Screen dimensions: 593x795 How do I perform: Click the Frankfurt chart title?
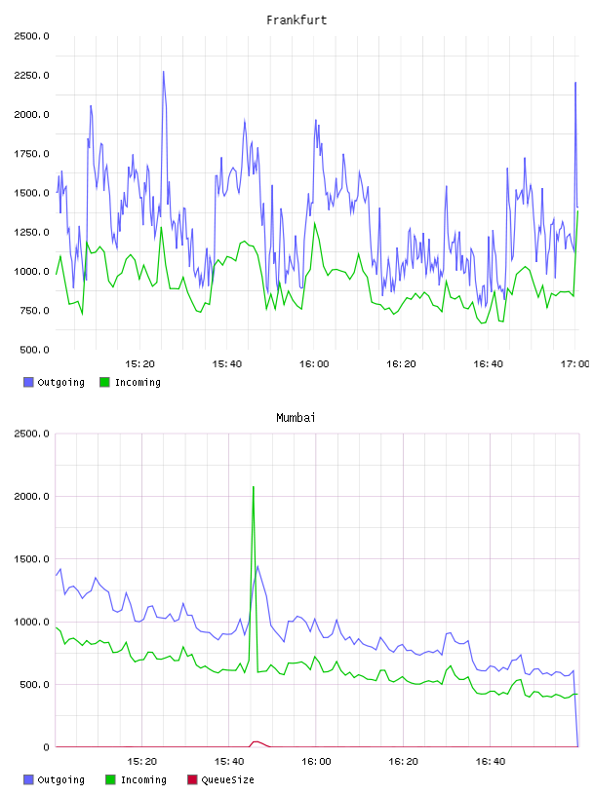point(296,20)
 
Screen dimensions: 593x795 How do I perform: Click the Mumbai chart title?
point(296,418)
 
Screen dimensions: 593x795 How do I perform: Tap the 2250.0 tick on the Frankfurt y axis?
point(31,76)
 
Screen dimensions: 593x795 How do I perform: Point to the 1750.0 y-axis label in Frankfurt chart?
point(31,154)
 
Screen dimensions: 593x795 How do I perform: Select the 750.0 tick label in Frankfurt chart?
point(34,310)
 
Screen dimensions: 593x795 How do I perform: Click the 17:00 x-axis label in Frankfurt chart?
point(575,364)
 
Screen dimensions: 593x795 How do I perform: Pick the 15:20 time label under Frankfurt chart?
point(139,364)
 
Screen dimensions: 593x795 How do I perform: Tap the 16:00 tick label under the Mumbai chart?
point(316,762)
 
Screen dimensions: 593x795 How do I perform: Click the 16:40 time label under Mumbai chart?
point(491,762)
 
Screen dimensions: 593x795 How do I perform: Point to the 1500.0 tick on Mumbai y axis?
point(31,558)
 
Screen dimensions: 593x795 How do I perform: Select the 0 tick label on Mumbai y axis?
point(46,747)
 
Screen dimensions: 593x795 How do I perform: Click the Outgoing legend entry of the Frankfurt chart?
point(54,382)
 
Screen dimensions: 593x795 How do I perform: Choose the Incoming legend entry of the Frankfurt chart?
point(131,382)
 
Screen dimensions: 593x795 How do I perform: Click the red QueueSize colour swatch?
point(192,779)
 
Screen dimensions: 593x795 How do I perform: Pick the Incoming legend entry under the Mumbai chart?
point(136,779)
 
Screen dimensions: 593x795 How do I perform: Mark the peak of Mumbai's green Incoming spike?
point(254,487)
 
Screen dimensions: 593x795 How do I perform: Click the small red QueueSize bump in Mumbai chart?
point(257,742)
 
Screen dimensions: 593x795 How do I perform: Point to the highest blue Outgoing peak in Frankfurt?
point(164,72)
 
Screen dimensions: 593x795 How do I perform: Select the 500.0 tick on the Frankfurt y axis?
point(34,350)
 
